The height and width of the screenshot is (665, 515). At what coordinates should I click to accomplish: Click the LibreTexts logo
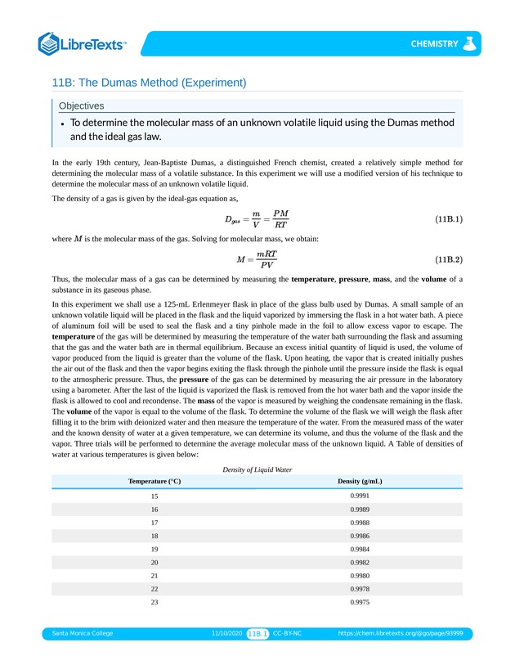[x=83, y=44]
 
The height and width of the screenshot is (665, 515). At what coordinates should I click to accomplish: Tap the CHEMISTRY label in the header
[x=434, y=44]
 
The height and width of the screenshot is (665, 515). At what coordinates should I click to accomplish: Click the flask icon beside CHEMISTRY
[x=469, y=43]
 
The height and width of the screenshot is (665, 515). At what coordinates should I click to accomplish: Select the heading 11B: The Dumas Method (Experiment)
[x=149, y=83]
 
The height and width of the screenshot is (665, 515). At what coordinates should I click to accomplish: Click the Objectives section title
[x=81, y=106]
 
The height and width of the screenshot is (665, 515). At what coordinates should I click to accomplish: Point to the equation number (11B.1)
[x=449, y=219]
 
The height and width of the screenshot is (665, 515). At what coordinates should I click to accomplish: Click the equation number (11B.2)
[x=449, y=259]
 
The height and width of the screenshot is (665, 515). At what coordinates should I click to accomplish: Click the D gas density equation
[x=256, y=219]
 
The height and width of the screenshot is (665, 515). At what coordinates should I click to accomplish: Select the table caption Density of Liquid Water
[x=257, y=470]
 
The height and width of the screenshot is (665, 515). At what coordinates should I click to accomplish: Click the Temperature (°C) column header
[x=154, y=481]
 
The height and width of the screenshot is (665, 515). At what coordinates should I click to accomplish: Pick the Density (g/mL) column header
[x=360, y=481]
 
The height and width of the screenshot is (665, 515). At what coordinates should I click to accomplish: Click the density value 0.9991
[x=360, y=497]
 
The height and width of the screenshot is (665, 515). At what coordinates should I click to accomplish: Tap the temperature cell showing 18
[x=154, y=536]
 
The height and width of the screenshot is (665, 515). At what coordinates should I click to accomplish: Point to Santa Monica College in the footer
[x=83, y=633]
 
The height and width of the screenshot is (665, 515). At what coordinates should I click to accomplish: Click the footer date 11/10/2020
[x=226, y=633]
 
